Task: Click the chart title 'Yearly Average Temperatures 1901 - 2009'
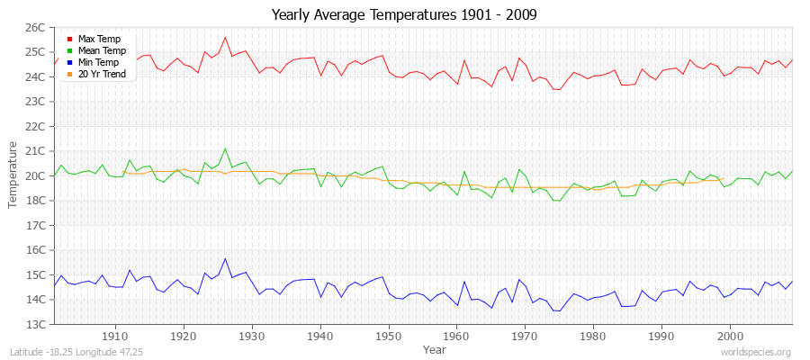click(x=405, y=15)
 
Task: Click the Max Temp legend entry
click(x=98, y=39)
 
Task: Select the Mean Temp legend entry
click(x=101, y=50)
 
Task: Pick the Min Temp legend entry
click(x=99, y=62)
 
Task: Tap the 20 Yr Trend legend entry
click(x=102, y=74)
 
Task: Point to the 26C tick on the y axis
click(x=34, y=27)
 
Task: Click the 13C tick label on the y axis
click(x=34, y=324)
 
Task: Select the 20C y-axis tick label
click(x=34, y=175)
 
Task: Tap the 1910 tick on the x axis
click(x=115, y=335)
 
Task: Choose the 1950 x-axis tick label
click(x=388, y=335)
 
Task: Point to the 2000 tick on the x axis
click(x=730, y=335)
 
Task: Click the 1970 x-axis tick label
click(x=525, y=335)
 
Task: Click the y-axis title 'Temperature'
click(x=13, y=175)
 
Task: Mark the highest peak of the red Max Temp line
click(x=225, y=37)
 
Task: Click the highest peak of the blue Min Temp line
click(x=225, y=259)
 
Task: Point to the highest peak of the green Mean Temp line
click(x=225, y=148)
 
